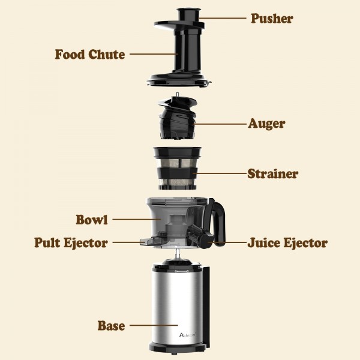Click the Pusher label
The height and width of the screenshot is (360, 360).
[x=271, y=18]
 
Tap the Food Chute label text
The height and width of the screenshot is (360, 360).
[x=90, y=55]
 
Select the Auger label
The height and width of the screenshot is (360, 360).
[x=266, y=124]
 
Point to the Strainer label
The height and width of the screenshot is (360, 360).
[x=273, y=174]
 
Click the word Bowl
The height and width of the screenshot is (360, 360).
[x=92, y=220]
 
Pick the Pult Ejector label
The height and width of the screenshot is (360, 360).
[x=71, y=243]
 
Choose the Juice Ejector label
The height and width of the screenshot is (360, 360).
[x=287, y=243]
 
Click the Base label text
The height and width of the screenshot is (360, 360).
[x=112, y=326]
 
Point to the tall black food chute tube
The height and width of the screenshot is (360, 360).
[x=180, y=54]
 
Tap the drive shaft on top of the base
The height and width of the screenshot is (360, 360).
[x=178, y=256]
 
